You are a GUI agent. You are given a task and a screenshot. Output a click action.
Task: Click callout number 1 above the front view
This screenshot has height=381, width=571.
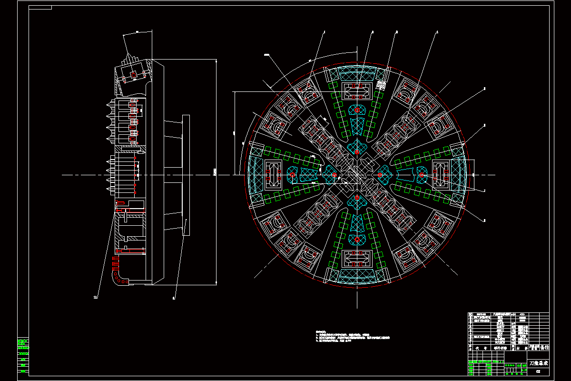click(324, 32)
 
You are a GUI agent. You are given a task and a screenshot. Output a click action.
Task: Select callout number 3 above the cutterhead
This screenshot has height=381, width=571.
click(397, 32)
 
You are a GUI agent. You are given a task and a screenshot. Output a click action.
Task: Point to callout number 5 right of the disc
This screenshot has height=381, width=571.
click(484, 89)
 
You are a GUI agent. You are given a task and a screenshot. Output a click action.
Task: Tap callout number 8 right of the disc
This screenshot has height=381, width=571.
click(484, 220)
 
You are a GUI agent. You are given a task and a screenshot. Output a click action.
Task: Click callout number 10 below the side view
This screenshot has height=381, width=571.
click(95, 297)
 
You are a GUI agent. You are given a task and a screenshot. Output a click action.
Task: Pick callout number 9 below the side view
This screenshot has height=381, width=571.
click(174, 299)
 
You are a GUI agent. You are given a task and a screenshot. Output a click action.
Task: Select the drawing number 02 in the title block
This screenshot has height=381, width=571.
click(538, 371)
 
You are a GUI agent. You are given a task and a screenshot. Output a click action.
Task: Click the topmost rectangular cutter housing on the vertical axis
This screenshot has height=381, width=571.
click(357, 90)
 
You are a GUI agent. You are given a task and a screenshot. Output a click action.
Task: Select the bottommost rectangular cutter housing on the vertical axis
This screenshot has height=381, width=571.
click(357, 260)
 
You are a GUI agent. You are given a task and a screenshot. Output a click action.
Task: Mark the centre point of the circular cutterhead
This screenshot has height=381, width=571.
click(357, 175)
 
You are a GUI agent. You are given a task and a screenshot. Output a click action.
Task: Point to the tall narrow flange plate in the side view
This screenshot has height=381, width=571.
click(186, 175)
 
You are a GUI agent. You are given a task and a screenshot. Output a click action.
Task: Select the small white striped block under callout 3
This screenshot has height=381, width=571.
click(381, 86)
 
